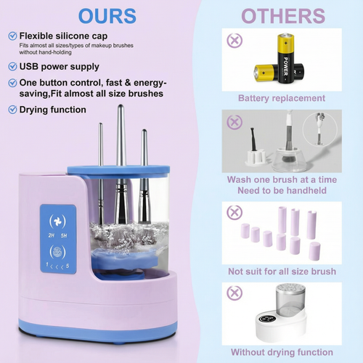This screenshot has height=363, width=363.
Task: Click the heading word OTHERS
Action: (282, 15)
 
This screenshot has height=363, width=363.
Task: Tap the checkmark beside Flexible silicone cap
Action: (12, 36)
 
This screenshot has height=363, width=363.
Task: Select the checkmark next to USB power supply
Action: (12, 66)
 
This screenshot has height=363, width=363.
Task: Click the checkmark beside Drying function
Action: (12, 110)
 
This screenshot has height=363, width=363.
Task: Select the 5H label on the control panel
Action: (64, 235)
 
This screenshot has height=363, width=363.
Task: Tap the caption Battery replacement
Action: (282, 98)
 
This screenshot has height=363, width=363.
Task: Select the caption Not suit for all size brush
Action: (282, 271)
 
